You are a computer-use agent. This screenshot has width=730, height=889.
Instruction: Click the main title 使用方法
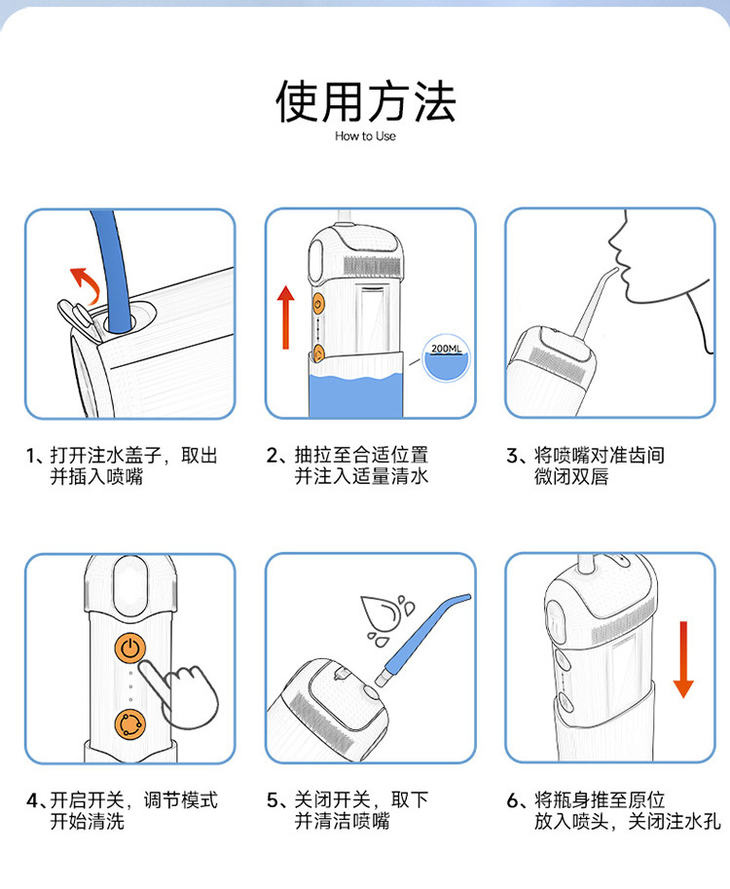pos(366,101)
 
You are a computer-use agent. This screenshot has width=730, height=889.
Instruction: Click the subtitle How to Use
pos(366,136)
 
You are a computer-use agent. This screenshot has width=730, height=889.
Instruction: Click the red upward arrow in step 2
pos(285,316)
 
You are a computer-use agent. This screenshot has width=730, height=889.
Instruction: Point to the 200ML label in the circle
pos(447,349)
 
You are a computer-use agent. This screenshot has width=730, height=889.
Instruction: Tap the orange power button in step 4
pos(129,648)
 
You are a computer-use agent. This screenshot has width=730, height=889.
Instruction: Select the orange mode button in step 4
pos(129,724)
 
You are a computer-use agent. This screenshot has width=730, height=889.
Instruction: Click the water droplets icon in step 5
pos(386,619)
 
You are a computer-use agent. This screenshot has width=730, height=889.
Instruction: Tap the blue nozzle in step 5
pos(421,639)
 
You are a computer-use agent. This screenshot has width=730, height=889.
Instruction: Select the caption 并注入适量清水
pos(361,476)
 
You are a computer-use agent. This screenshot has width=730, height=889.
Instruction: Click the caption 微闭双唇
pos(571,476)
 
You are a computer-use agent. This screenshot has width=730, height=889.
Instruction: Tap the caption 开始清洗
pos(87,821)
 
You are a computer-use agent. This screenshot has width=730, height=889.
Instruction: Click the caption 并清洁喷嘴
pos(342,821)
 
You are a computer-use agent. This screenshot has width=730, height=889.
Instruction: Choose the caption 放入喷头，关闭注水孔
pos(628,821)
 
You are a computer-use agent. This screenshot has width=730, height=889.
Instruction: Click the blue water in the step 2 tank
pos(356,395)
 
